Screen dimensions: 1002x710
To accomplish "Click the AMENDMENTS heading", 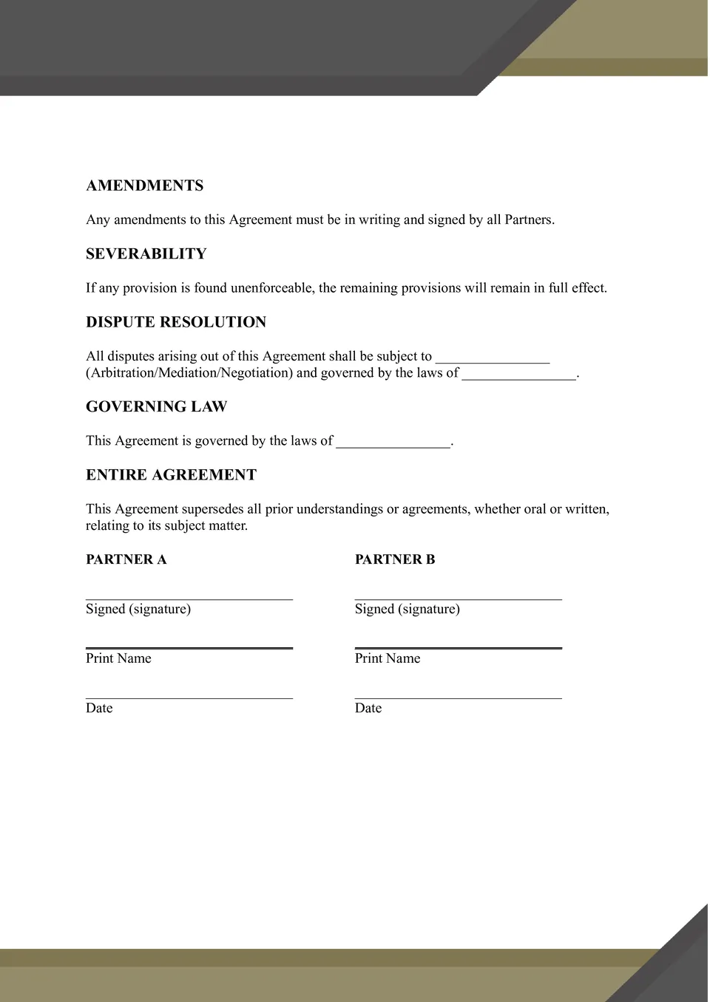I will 144,185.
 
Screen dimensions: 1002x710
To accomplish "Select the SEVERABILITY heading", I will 146,254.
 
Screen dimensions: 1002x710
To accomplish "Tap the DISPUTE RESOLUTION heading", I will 176,322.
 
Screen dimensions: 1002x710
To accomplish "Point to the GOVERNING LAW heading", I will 156,406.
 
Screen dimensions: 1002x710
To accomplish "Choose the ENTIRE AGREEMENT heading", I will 171,474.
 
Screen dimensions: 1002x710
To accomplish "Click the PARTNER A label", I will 126,559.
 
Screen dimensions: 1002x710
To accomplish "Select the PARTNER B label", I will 395,559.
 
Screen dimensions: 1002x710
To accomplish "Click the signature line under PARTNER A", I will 189,597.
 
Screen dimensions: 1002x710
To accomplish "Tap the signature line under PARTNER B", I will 459,597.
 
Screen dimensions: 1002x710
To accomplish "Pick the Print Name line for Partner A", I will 189,647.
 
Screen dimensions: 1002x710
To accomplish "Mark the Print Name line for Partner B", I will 459,647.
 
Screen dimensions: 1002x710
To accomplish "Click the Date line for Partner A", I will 189,697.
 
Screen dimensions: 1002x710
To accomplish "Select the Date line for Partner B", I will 459,697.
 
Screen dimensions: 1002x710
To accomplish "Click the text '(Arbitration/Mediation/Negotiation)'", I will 189,373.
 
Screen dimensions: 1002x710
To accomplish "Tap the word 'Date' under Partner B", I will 368,708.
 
